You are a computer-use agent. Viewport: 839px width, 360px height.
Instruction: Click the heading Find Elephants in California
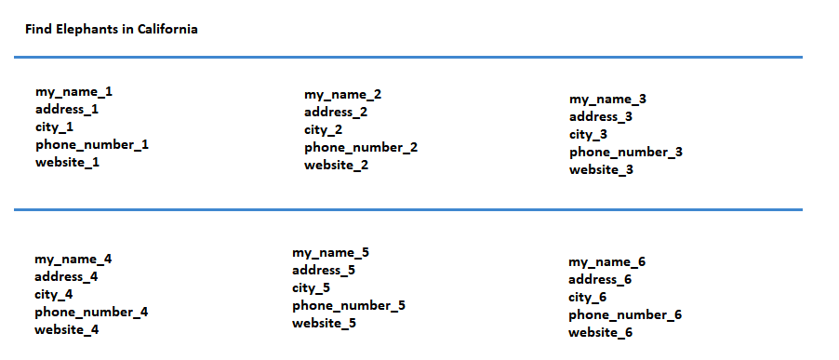[x=112, y=29]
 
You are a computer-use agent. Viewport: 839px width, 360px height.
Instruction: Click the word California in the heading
[x=167, y=29]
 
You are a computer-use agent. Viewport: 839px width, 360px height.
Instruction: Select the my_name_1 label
[x=73, y=92]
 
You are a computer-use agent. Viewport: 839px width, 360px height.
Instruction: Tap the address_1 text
[x=67, y=110]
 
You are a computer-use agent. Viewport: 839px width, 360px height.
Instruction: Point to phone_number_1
[x=92, y=145]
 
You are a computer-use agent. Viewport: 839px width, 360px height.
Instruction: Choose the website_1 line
[x=67, y=163]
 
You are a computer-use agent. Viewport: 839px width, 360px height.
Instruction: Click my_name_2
[x=343, y=95]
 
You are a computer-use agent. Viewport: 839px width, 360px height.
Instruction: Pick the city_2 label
[x=323, y=130]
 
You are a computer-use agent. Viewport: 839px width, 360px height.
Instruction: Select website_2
[x=337, y=166]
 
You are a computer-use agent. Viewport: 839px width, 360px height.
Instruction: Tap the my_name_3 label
[x=607, y=100]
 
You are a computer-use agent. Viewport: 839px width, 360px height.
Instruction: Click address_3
[x=601, y=116]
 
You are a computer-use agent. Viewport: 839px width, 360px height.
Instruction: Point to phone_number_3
[x=626, y=153]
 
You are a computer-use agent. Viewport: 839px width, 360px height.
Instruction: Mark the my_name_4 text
[x=73, y=260]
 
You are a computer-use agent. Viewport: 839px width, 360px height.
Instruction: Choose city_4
[x=54, y=295]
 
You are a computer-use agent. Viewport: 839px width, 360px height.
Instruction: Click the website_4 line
[x=67, y=330]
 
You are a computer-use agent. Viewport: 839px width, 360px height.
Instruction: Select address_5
[x=324, y=270]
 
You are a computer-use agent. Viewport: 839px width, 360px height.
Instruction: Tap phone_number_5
[x=349, y=306]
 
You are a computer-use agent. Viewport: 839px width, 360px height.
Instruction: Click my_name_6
[x=606, y=262]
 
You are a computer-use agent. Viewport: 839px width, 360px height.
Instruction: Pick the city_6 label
[x=587, y=298]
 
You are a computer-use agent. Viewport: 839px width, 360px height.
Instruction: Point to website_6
[x=600, y=333]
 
